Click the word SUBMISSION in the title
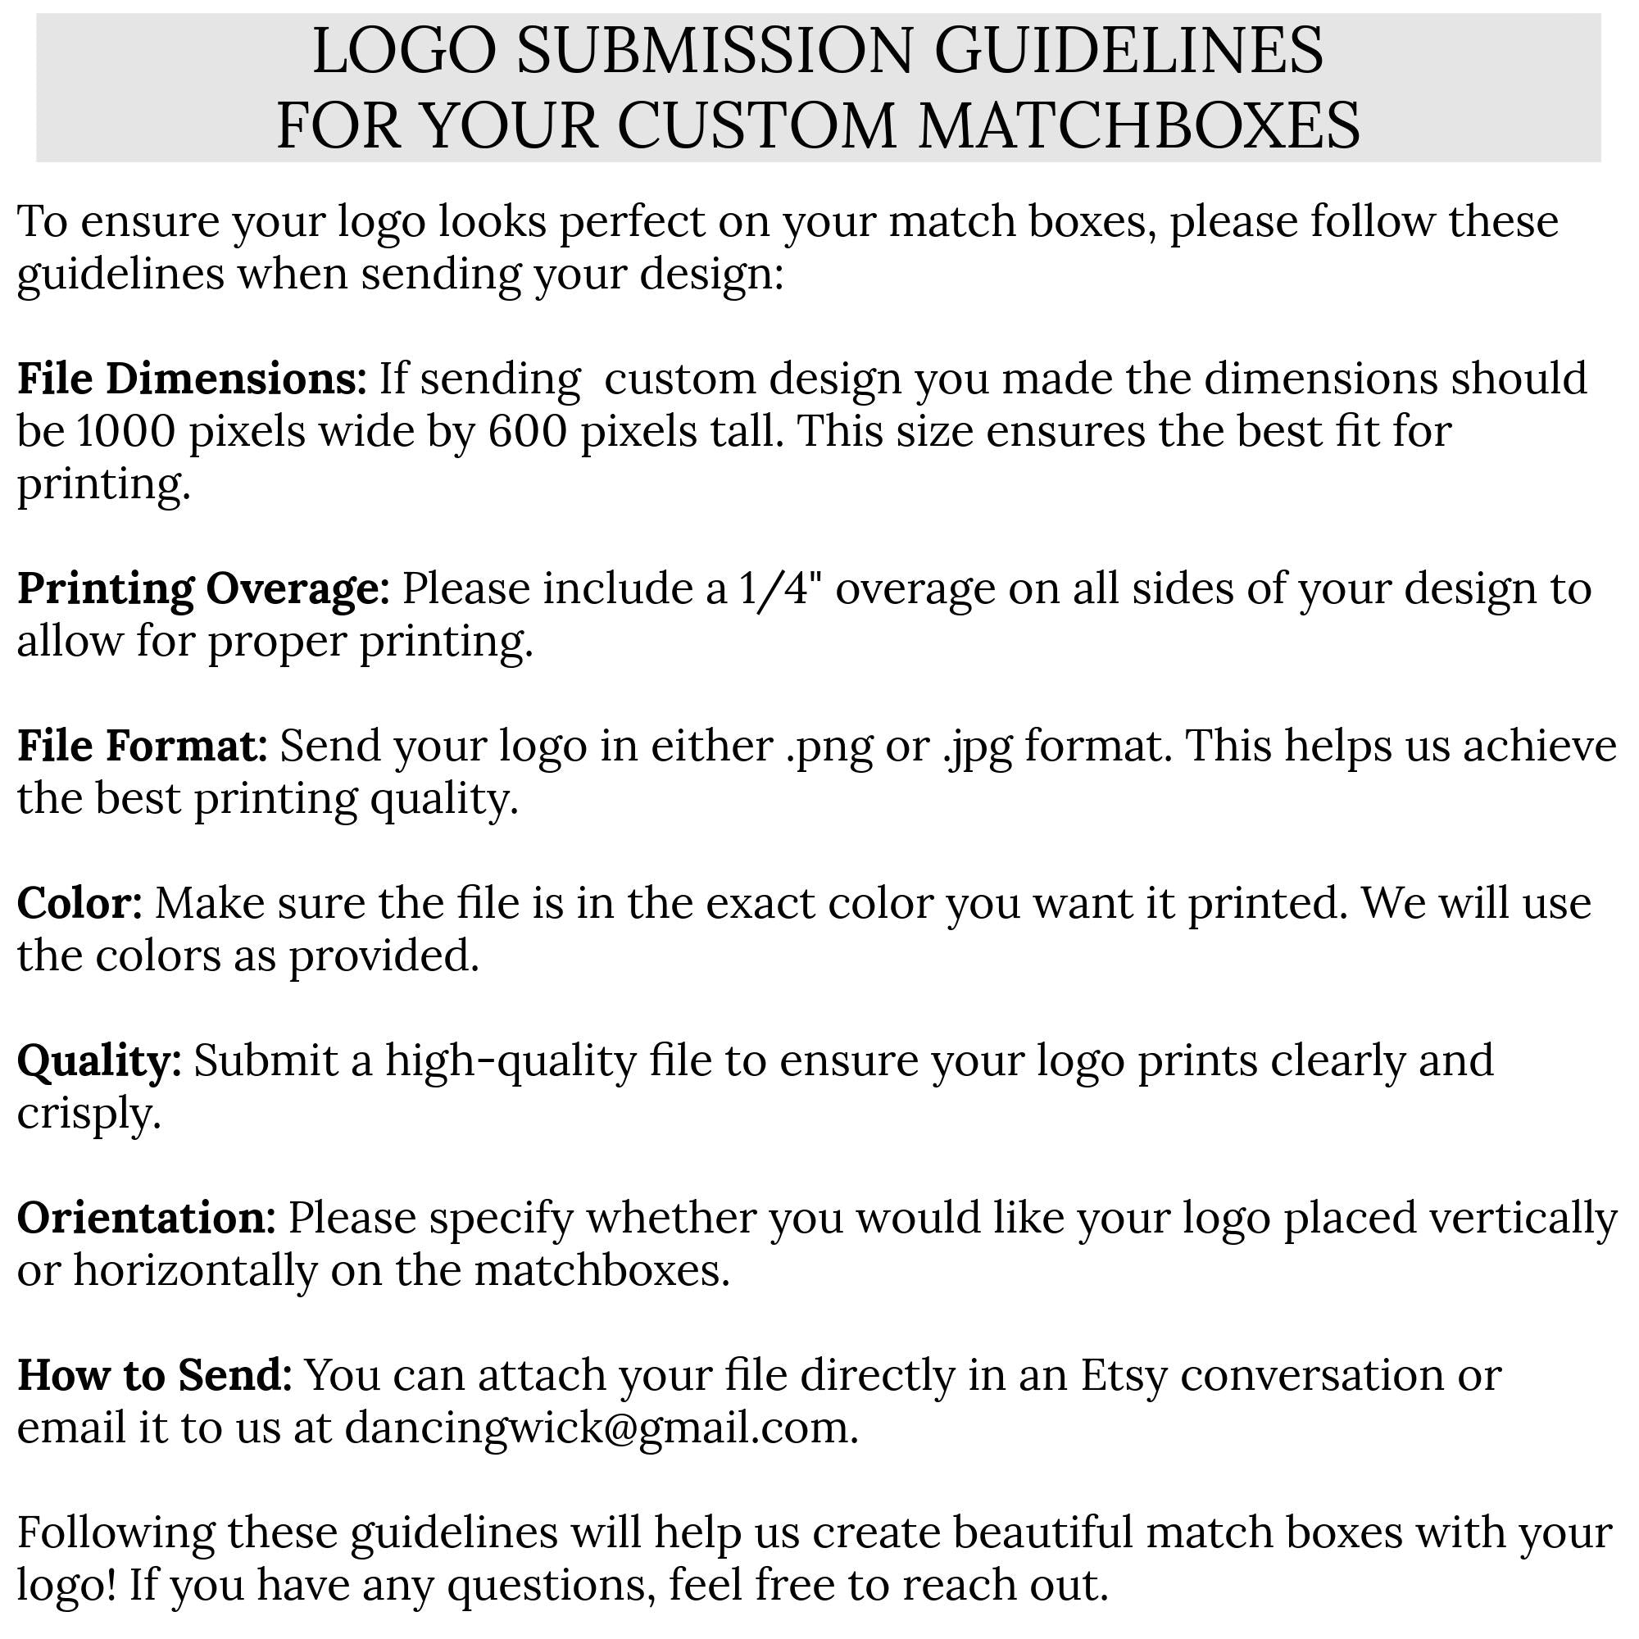coord(715,51)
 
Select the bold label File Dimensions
coord(192,379)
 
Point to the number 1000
coord(125,431)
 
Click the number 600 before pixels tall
coord(527,431)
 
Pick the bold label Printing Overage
coord(202,588)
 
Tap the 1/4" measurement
coord(781,588)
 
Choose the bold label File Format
coord(143,746)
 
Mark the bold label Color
coord(79,902)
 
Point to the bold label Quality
coord(99,1061)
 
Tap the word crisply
coord(89,1114)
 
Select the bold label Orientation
coord(146,1219)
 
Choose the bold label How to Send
coord(154,1375)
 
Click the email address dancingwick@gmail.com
coord(601,1428)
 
